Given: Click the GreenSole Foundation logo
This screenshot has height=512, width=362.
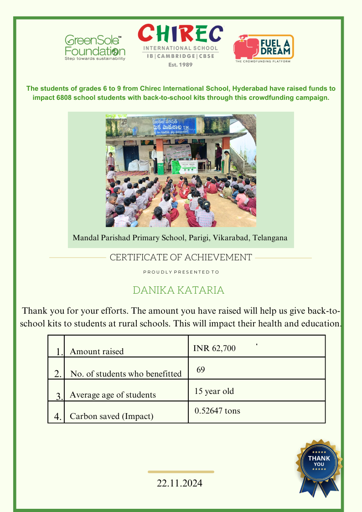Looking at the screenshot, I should point(95,48).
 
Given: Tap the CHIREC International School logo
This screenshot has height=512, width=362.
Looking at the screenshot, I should point(181,45).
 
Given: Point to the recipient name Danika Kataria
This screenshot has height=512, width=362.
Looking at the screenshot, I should point(178,290).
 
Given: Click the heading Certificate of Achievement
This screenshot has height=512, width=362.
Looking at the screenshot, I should point(181,258).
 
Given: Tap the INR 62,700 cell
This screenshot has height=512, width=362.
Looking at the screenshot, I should point(214,349).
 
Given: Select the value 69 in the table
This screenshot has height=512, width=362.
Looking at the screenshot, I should point(201,370).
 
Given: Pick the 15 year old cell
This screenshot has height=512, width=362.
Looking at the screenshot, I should point(214,391).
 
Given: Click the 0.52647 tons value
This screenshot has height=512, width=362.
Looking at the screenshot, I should point(217,411).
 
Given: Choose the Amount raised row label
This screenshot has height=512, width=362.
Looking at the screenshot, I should point(97,352).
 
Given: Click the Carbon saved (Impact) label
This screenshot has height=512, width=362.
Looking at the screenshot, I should point(111,416).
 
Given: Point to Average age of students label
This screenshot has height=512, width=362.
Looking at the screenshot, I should point(113,395).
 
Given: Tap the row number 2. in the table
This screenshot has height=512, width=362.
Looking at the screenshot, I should point(58,374).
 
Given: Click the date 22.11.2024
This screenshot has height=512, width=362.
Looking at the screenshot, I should point(180,483).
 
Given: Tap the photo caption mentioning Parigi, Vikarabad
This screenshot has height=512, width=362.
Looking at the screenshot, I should point(180,238).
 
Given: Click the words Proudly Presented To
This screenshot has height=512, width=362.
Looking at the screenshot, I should point(181,272).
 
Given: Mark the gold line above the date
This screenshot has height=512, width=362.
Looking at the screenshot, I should point(181,472).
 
